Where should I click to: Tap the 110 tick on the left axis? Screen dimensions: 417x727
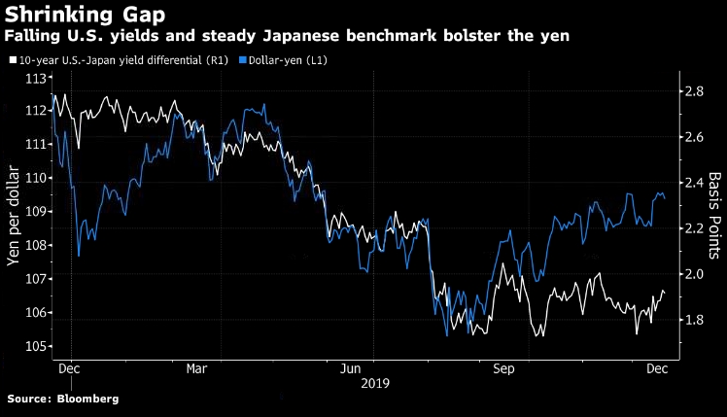[x=38, y=178]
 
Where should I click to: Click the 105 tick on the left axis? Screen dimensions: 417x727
[x=38, y=347]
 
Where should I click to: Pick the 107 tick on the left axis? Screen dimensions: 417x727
[x=38, y=279]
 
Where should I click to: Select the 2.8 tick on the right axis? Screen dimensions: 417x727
[x=692, y=91]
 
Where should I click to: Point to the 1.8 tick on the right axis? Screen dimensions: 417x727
[x=692, y=320]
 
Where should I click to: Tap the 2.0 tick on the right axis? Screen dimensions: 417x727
[x=692, y=274]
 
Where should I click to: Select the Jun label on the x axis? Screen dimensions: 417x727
[x=353, y=370]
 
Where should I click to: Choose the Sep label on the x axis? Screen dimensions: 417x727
[x=504, y=370]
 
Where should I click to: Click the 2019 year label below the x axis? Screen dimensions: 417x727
[x=374, y=384]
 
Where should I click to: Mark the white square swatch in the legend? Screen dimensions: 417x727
[x=12, y=60]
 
